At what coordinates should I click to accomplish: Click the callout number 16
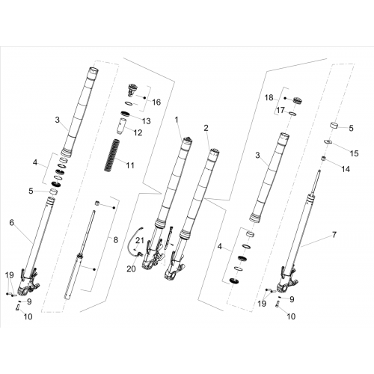(156, 102)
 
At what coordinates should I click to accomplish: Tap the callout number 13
(147, 121)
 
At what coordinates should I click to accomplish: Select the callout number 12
(138, 132)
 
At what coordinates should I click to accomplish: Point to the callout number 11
(130, 165)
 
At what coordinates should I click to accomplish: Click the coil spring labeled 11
(111, 155)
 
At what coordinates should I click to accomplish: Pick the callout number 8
(115, 240)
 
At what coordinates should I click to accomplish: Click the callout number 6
(12, 222)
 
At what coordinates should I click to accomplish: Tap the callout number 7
(334, 235)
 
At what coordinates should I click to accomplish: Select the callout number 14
(346, 169)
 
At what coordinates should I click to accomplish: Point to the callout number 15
(354, 153)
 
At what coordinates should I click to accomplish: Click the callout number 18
(269, 97)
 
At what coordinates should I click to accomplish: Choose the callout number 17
(280, 110)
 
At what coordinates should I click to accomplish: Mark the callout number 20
(132, 269)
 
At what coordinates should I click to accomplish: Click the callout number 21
(140, 241)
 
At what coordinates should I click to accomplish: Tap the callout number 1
(177, 120)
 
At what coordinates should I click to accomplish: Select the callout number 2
(206, 128)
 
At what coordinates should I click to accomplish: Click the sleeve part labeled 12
(121, 126)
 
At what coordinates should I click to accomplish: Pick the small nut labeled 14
(323, 159)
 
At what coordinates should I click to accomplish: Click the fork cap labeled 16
(132, 91)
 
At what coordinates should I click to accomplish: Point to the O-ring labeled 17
(293, 114)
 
